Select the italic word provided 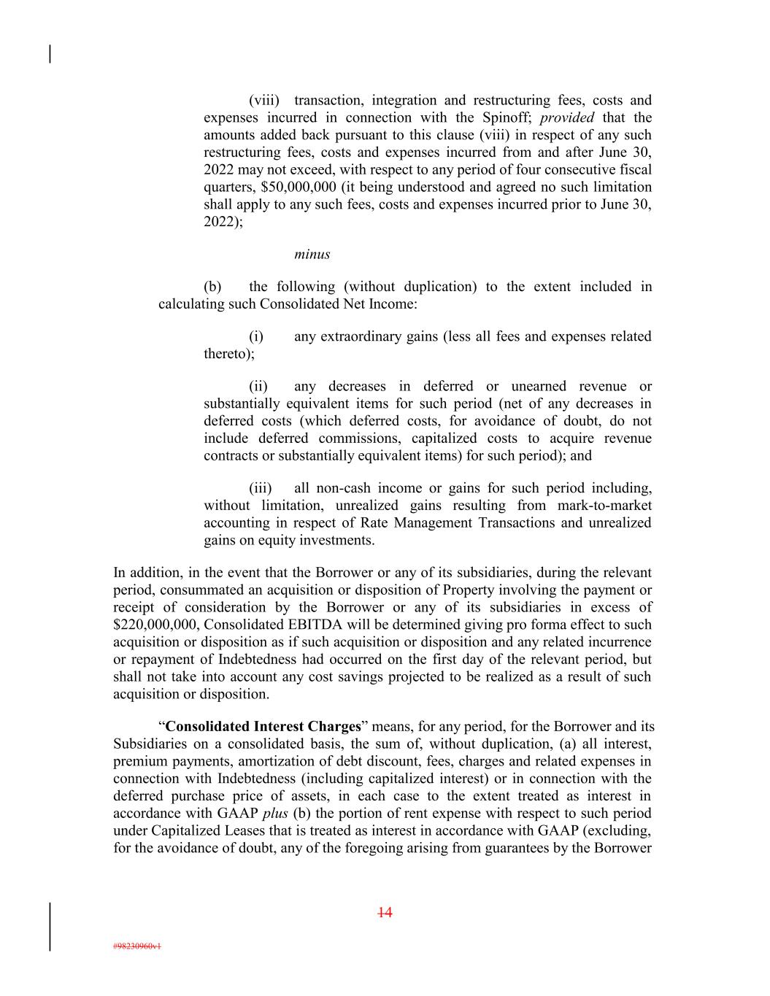pos(567,118)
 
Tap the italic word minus pos(312,255)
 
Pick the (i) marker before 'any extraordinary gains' pos(256,337)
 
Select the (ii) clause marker pos(258,387)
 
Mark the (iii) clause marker pos(261,488)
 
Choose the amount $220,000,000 pos(156,625)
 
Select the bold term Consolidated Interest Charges pos(263,727)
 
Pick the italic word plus pos(274,814)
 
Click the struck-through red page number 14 pos(385,913)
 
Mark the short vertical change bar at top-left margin pos(50,55)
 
